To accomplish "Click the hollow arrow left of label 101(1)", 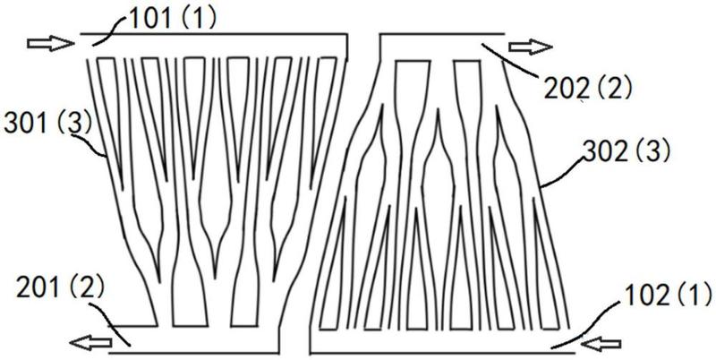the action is pyautogui.click(x=46, y=41).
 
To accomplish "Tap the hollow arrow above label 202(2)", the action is pyautogui.click(x=527, y=46).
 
